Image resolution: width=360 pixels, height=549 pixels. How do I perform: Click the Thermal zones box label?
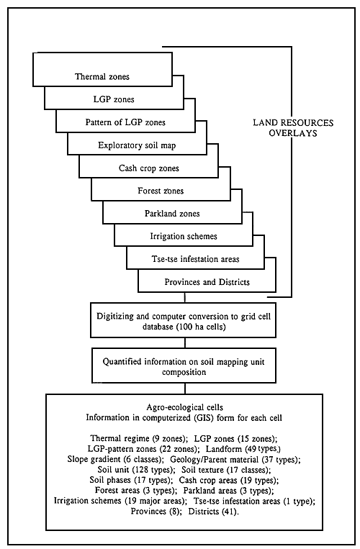point(102,76)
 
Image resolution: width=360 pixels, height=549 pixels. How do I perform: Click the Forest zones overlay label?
point(160,191)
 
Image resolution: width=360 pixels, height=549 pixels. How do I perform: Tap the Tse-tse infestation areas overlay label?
point(194,260)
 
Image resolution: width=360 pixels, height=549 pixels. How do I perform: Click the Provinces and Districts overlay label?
point(205,283)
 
